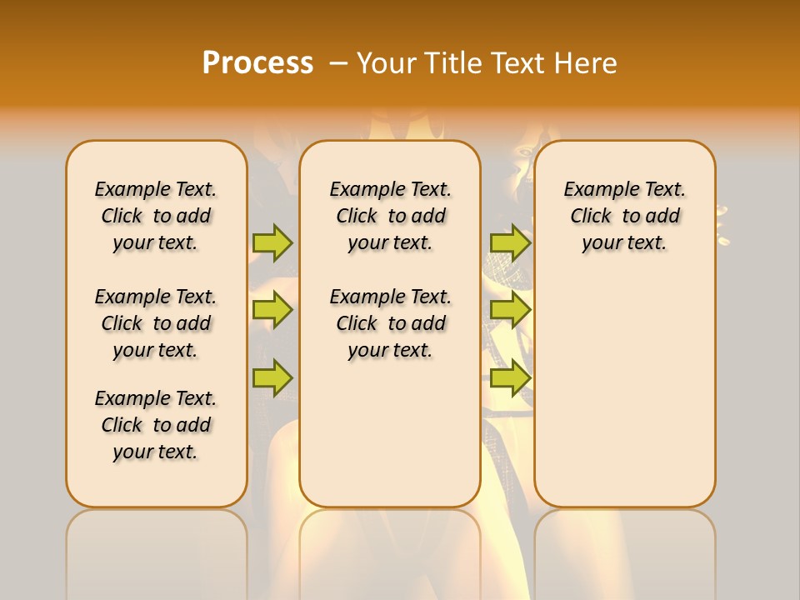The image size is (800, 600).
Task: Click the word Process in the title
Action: pos(257,62)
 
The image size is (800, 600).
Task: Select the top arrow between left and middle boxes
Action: pos(272,242)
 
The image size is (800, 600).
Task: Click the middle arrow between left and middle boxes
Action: pos(272,310)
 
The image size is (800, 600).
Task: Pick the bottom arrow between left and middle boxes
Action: pos(272,377)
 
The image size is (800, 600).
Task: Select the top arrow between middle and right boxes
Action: pos(510,242)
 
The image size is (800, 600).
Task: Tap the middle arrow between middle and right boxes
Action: pos(510,310)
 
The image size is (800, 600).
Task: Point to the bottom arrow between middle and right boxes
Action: pos(510,377)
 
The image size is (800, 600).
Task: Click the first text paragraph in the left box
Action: pos(156,216)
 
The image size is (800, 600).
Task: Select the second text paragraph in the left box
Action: pos(156,323)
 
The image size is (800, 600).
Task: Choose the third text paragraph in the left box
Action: pos(156,425)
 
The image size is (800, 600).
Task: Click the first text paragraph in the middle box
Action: pos(390,216)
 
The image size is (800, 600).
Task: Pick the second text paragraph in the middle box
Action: pos(390,323)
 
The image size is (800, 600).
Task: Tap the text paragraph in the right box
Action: pos(624,216)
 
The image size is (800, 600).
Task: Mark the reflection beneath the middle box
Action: pos(390,550)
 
